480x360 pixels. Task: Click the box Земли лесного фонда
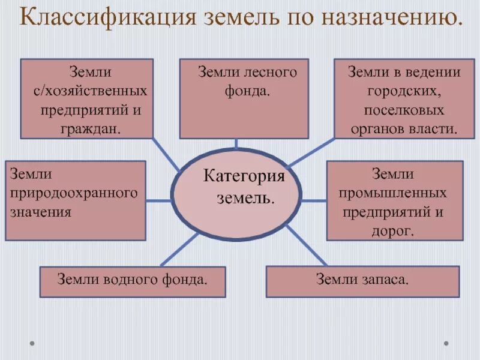click(244, 99)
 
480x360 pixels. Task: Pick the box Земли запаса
click(362, 281)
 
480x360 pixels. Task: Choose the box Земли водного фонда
click(133, 281)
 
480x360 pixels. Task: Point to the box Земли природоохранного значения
click(76, 200)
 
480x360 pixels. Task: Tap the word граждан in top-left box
click(90, 129)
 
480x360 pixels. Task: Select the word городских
click(403, 92)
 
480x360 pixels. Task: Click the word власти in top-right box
click(435, 129)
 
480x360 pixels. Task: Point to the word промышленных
click(394, 193)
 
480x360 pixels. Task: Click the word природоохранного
click(74, 193)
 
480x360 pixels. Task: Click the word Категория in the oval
click(244, 176)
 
